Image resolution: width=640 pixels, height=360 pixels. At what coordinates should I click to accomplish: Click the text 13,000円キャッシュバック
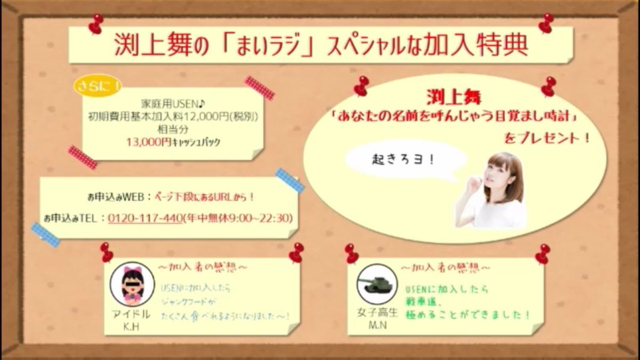(173, 142)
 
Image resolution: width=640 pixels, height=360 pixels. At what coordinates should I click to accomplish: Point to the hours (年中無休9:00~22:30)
(238, 219)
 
